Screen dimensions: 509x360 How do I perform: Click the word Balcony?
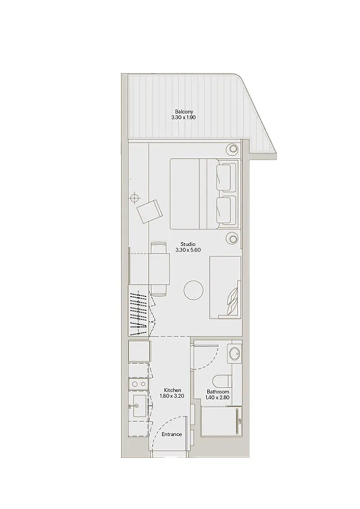[184, 111]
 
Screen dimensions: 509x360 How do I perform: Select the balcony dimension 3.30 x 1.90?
[184, 117]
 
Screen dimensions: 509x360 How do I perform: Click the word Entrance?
[172, 434]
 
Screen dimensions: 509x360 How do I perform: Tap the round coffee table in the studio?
[193, 290]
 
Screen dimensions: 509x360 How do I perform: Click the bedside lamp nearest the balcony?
[232, 150]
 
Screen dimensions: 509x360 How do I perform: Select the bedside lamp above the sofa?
[232, 238]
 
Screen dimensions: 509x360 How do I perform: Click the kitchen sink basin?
[137, 406]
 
